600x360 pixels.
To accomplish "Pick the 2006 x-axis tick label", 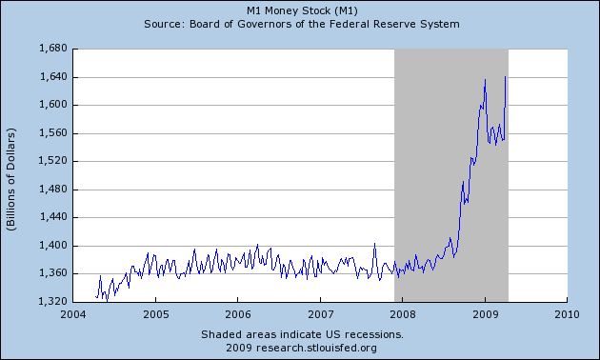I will point(238,313).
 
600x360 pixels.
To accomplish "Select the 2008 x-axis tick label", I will point(403,313).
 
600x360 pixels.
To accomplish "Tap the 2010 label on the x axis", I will point(567,313).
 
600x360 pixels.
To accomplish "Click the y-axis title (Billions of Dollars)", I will point(12,175).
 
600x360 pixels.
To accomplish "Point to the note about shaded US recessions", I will point(302,334).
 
